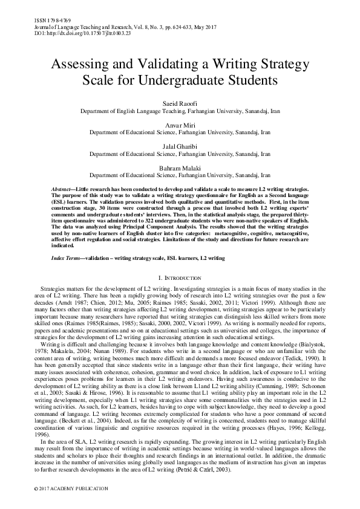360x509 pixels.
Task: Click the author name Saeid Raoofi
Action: (x=180, y=104)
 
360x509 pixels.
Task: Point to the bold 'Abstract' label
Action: (x=64, y=190)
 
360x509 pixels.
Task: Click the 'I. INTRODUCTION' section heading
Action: (x=180, y=277)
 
